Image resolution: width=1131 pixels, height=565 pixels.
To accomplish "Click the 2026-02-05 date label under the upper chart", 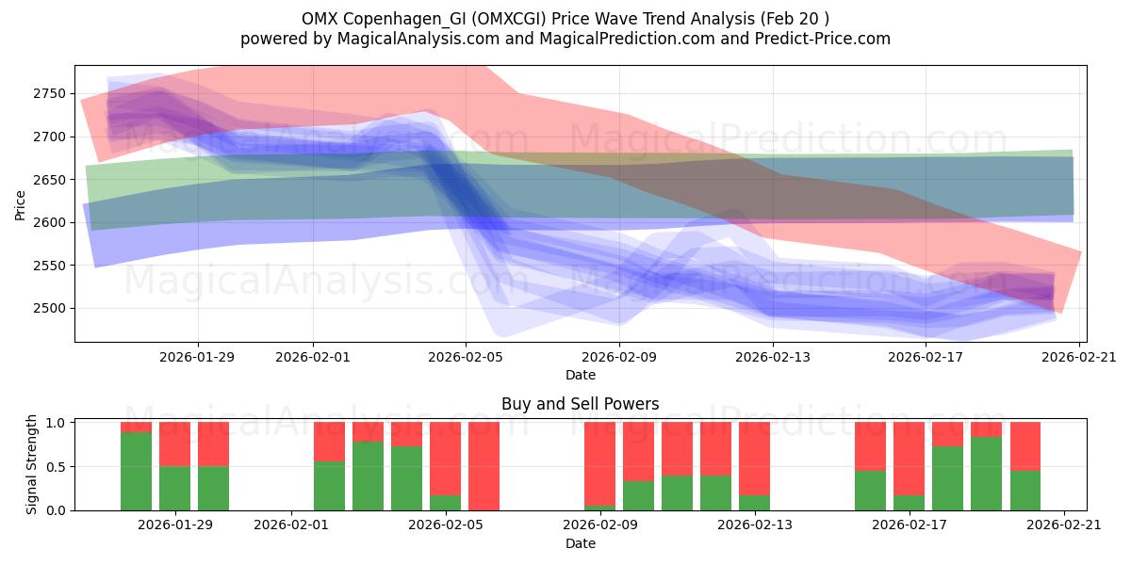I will tap(466, 357).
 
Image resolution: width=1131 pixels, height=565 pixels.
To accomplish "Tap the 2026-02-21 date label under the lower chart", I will tap(1064, 525).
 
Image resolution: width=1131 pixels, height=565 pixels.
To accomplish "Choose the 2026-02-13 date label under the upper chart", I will tap(773, 357).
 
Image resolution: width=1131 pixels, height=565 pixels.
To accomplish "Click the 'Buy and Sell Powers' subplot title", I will tap(581, 405).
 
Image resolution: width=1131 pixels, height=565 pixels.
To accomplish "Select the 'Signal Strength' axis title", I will tap(32, 463).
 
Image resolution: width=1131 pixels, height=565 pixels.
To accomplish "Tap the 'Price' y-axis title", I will tap(21, 204).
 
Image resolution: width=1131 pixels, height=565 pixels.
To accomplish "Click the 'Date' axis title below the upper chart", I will tap(581, 375).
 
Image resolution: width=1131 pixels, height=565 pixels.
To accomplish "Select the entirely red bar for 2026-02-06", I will tap(484, 466).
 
